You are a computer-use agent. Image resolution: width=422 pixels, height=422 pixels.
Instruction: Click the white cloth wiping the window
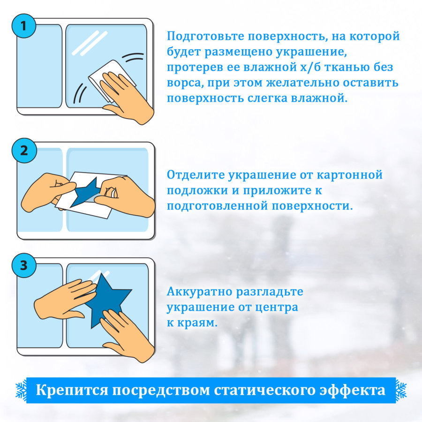coord(105,75)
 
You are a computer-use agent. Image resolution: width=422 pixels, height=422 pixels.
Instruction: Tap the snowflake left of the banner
coord(21,390)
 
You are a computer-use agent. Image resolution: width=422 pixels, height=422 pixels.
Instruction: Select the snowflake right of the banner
coord(400,390)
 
